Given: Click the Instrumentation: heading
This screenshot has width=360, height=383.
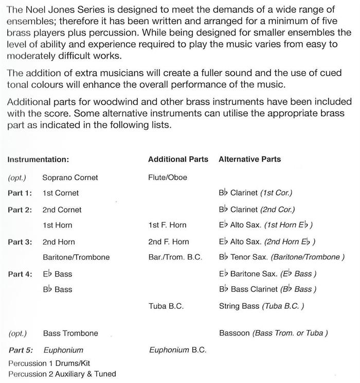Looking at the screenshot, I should tap(38, 159).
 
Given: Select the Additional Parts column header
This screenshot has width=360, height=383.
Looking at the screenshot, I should tap(178, 159).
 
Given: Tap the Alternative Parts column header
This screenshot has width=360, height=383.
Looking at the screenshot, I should tap(250, 159).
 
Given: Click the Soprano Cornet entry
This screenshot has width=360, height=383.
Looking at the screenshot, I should tap(70, 178).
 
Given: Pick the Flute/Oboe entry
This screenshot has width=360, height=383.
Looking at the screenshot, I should tap(168, 178).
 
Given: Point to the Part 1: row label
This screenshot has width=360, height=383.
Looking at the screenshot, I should tap(20, 193).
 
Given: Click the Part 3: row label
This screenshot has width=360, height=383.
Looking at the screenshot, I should tap(20, 241).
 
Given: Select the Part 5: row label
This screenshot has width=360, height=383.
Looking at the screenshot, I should tap(20, 350).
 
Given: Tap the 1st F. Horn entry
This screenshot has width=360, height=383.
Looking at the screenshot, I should tap(167, 225).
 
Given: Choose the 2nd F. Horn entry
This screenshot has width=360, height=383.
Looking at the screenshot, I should tap(168, 241).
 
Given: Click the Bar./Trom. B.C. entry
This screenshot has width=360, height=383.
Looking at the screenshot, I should tap(175, 257).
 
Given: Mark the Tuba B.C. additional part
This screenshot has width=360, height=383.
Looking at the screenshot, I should tap(166, 306).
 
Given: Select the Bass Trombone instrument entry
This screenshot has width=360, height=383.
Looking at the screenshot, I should tap(70, 333).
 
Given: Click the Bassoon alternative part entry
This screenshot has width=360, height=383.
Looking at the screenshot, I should tap(273, 333).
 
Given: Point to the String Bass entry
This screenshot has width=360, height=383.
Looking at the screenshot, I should tap(261, 306).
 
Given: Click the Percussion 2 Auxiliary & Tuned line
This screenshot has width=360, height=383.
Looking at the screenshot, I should tap(62, 374).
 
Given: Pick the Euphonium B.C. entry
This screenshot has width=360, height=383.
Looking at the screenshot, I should tap(177, 350).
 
